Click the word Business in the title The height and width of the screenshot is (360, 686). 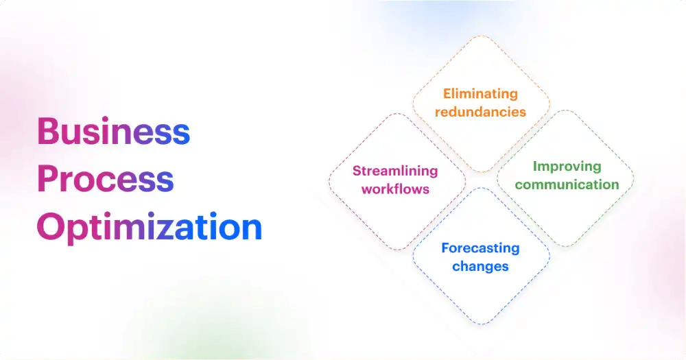click(113, 131)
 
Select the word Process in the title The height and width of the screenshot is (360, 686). click(105, 179)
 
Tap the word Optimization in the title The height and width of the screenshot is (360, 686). click(150, 227)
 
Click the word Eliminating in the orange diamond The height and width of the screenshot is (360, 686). click(480, 94)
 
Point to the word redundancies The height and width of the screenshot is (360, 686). click(480, 111)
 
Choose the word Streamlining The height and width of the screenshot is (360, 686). click(395, 171)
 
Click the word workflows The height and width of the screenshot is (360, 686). click(395, 189)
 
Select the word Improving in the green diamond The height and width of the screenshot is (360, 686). click(567, 167)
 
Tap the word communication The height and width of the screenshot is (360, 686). click(567, 184)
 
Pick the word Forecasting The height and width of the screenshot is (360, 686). click(480, 248)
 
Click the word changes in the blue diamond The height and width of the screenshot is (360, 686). click(480, 265)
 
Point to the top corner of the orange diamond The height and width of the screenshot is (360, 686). click(480, 36)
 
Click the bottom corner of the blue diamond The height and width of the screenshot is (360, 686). click(480, 324)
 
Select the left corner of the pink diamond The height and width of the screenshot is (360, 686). click(329, 180)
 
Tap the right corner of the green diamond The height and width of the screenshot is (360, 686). click(634, 178)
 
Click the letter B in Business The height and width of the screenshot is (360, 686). click(47, 131)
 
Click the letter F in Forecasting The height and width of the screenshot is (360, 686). click(445, 248)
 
